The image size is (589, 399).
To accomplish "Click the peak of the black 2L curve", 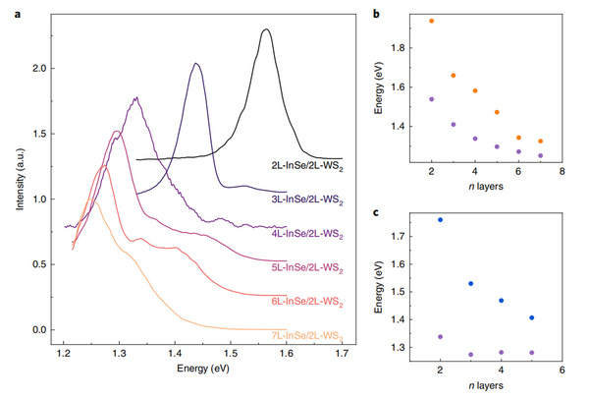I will coord(265,29).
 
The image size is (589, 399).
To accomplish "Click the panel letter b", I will coord(380,12).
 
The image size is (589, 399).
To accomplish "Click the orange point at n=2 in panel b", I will coord(431,21).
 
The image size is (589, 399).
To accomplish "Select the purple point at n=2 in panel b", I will coord(431,99).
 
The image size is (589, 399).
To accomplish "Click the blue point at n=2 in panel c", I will coord(440,220).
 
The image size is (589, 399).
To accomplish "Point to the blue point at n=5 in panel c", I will coord(531,317).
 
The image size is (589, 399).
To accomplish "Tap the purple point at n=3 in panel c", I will coord(470,355).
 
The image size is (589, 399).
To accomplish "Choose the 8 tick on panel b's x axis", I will coord(562,174).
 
